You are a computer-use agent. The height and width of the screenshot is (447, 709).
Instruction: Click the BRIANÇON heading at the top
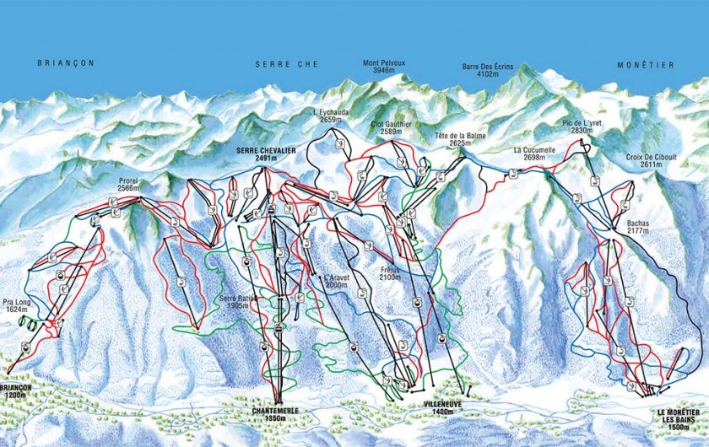(x=64, y=63)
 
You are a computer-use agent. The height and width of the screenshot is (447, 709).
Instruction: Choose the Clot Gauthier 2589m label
(x=391, y=127)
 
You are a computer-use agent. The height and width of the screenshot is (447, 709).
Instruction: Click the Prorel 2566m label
(x=128, y=186)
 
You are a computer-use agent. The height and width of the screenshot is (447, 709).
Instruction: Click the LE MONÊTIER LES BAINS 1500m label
(x=679, y=418)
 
